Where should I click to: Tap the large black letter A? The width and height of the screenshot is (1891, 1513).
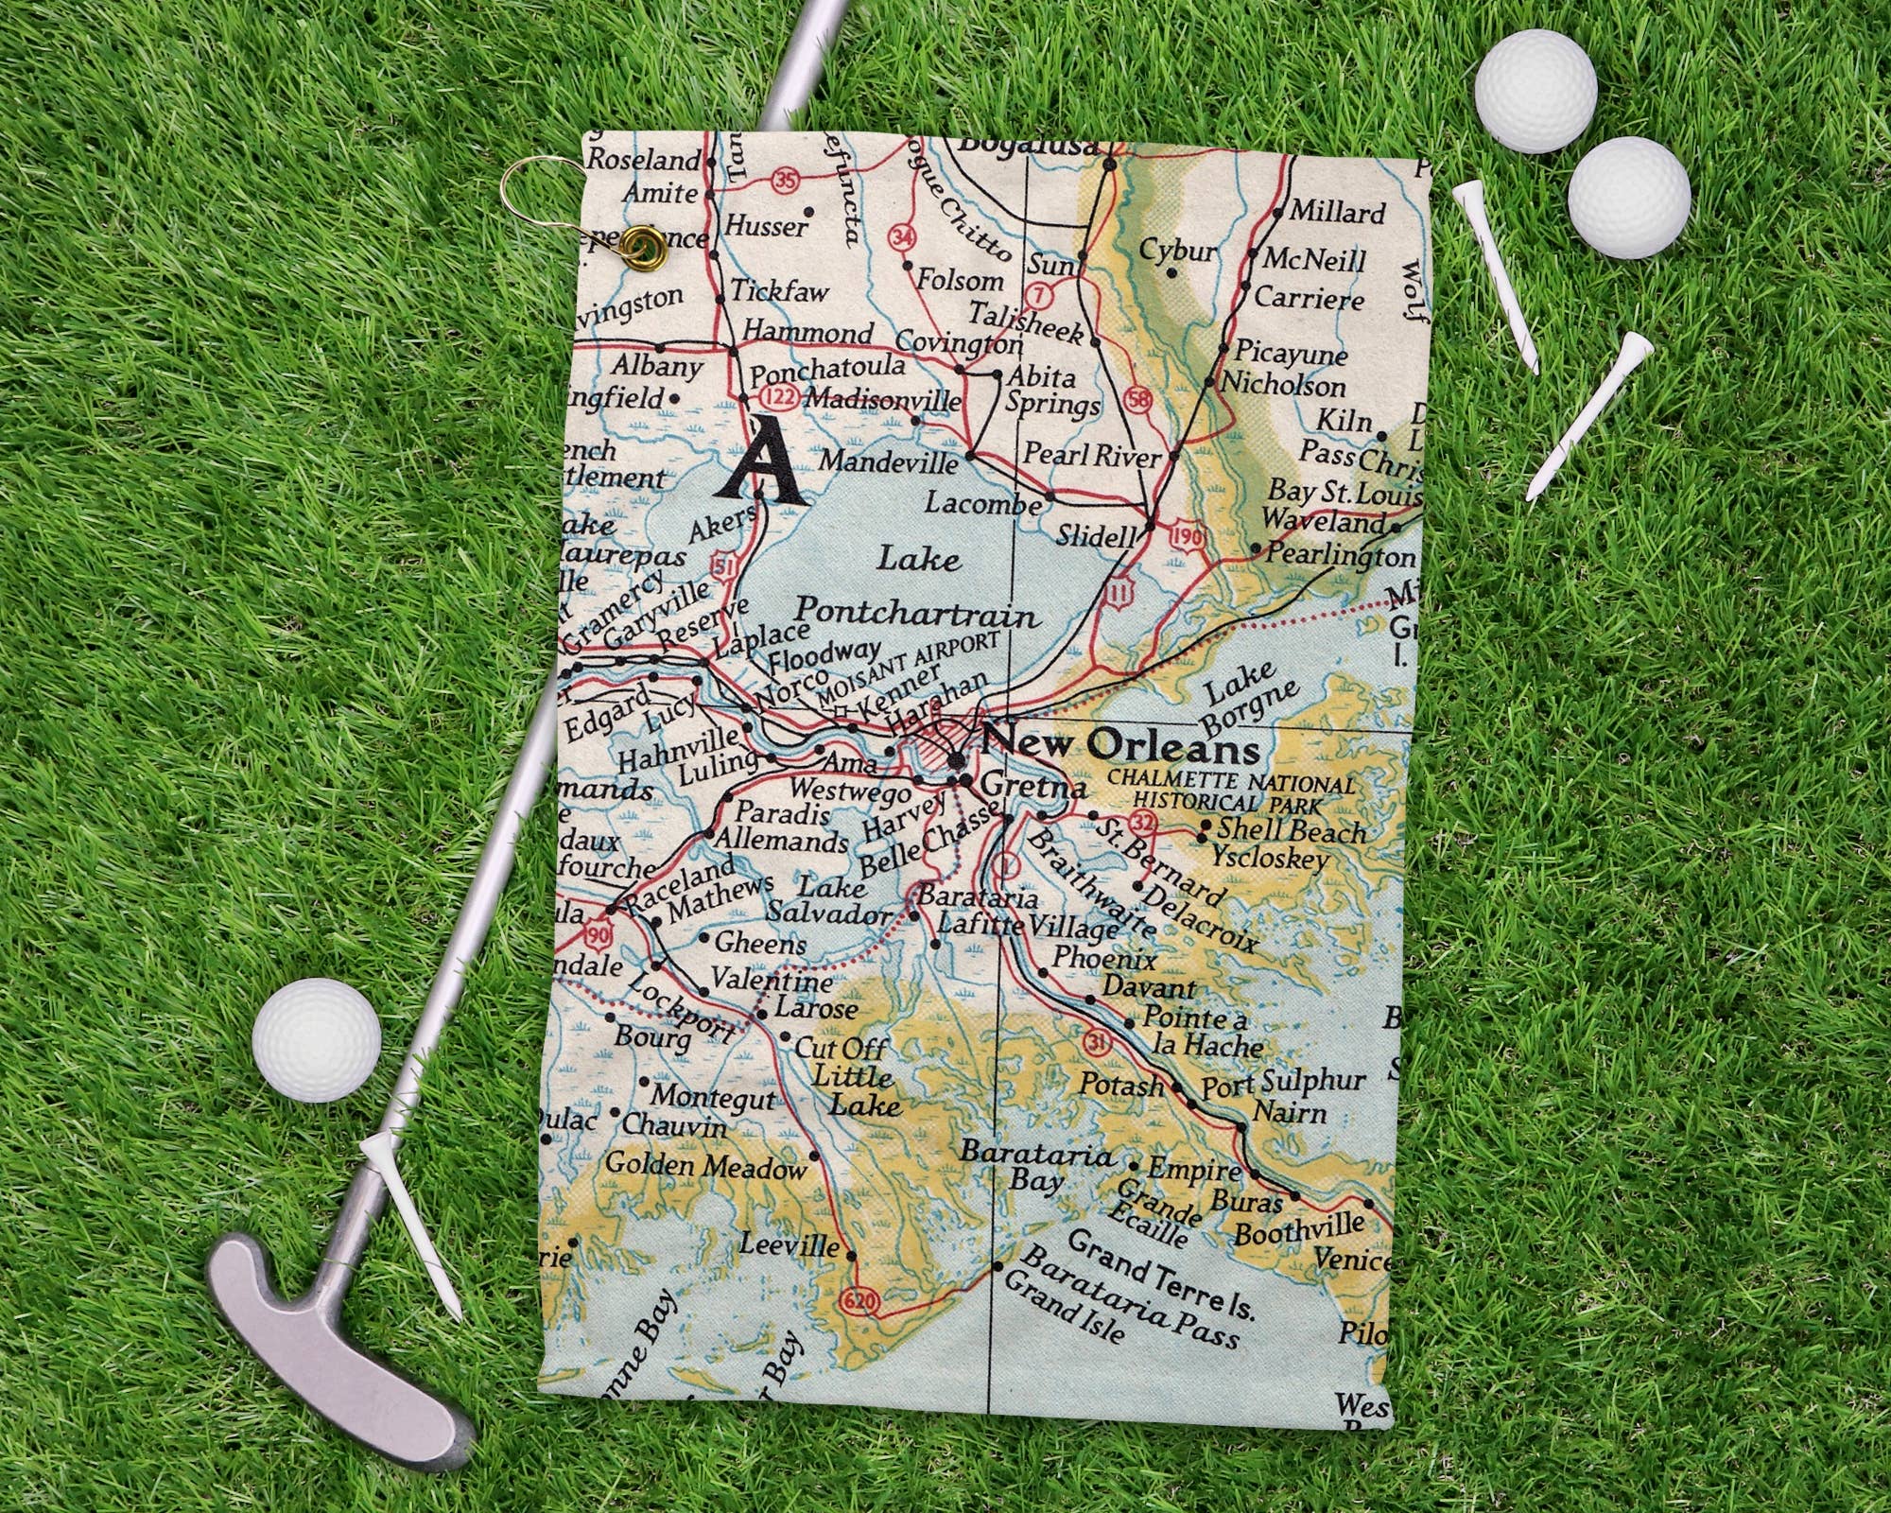[x=762, y=463]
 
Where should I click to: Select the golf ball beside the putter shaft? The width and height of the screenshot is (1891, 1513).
[x=317, y=1039]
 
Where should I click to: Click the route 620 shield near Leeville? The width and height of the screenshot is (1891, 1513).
[x=859, y=1301]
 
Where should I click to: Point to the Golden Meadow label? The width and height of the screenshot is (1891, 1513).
[x=705, y=1166]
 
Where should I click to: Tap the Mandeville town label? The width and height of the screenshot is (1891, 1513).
[x=888, y=461]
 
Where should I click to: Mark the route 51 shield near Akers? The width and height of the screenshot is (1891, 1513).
[x=723, y=568]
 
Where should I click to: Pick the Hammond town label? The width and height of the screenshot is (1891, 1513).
[x=807, y=332]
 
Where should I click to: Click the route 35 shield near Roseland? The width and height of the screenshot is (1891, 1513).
[x=786, y=180]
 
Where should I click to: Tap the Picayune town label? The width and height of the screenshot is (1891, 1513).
[x=1291, y=354]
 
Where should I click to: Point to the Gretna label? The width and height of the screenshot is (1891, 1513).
[x=1033, y=785]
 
